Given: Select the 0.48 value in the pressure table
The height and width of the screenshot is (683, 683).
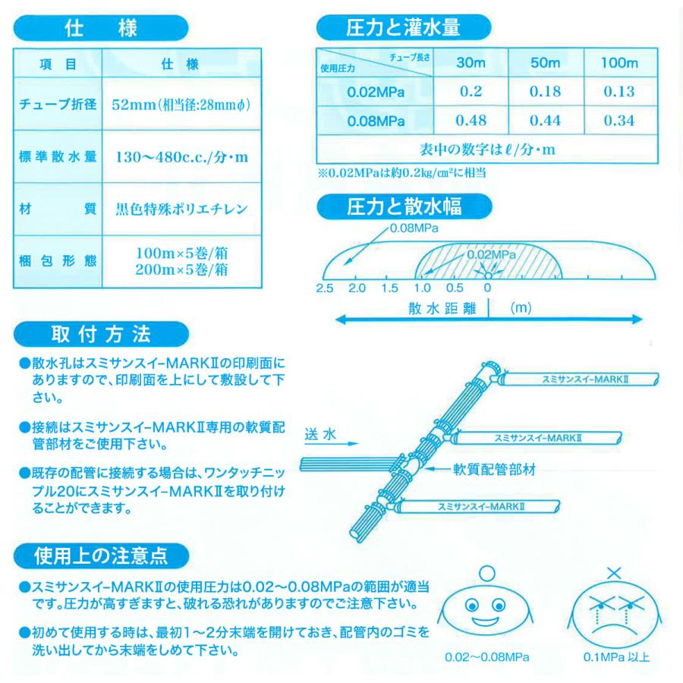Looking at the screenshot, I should point(471,120).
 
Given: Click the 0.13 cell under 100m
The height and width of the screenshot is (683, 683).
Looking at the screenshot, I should point(619,92).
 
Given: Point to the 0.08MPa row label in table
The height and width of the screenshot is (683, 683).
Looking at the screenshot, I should point(376,120).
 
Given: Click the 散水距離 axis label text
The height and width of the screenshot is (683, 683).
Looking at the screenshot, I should point(439,308).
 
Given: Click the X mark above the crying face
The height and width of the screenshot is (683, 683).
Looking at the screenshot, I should point(615,571).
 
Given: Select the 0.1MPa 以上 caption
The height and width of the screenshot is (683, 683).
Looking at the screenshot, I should point(616,657).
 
